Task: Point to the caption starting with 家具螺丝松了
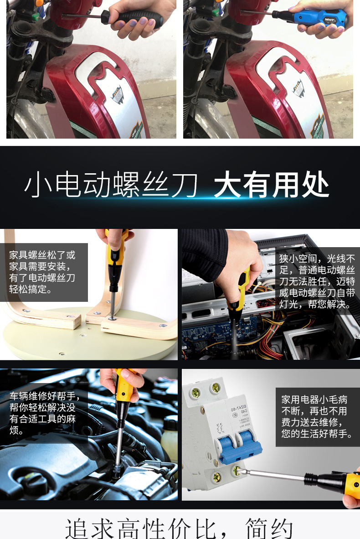point(42,272)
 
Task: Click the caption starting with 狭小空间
point(317,282)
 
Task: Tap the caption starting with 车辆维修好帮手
point(42,413)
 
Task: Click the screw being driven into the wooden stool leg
point(111,314)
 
